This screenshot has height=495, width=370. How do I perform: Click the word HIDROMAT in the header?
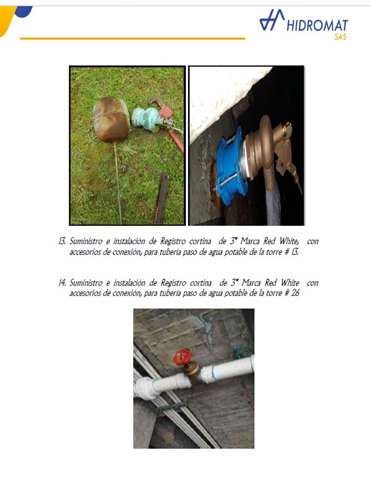pyautogui.click(x=317, y=25)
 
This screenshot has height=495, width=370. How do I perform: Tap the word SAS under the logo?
pyautogui.click(x=340, y=37)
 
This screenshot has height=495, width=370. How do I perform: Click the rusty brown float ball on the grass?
pyautogui.click(x=111, y=119)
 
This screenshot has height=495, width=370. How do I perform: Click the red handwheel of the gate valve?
pyautogui.click(x=183, y=357)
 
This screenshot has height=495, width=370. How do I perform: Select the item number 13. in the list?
pyautogui.click(x=62, y=241)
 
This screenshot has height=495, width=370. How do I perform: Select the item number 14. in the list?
pyautogui.click(x=62, y=283)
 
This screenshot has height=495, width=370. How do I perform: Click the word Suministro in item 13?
pyautogui.click(x=86, y=241)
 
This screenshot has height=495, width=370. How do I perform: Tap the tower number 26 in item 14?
pyautogui.click(x=295, y=293)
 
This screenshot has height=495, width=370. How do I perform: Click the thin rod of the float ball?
pyautogui.click(x=118, y=183)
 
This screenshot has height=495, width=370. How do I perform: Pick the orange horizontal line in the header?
pyautogui.click(x=132, y=38)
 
